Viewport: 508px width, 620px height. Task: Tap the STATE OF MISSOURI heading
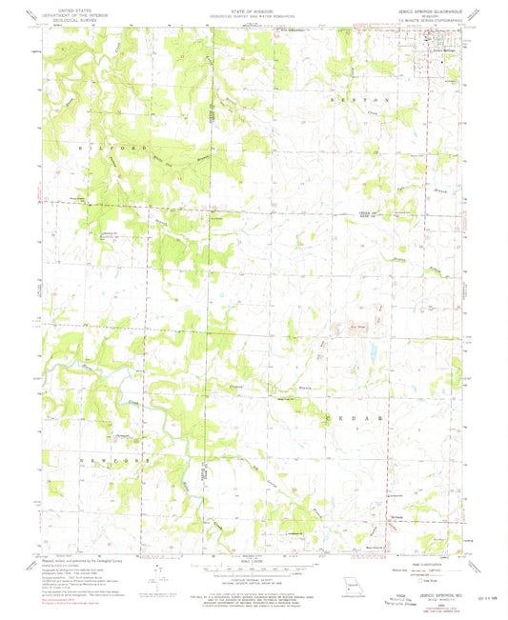click(254, 10)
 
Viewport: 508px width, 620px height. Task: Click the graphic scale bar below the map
click(253, 569)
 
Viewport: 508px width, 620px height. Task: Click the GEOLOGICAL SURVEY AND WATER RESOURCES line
click(254, 15)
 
